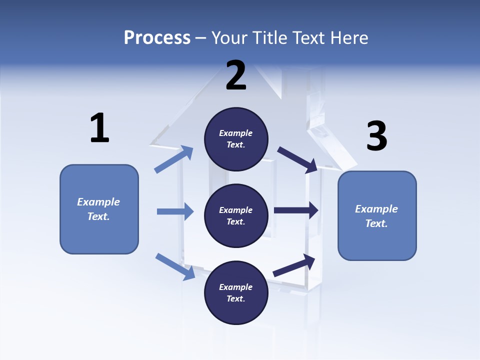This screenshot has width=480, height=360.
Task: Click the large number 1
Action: point(99,128)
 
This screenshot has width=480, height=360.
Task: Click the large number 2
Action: point(236,75)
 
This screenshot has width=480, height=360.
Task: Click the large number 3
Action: point(376,136)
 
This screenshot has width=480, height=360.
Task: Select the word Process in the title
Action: point(157,37)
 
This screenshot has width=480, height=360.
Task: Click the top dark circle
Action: point(236,139)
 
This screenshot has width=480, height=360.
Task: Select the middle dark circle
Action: point(236,215)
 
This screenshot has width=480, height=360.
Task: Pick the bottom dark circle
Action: point(236,292)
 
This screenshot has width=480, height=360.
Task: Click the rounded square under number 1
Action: point(99,209)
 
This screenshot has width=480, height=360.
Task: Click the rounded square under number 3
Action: point(377,215)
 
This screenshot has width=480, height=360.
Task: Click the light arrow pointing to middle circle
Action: point(175,211)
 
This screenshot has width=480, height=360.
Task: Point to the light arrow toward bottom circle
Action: point(175,266)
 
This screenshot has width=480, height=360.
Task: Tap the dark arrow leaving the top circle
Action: point(297,159)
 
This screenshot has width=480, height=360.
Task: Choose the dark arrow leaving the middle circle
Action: point(296,210)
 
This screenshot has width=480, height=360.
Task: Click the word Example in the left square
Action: point(98,202)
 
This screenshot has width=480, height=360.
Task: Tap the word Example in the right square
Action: point(376,209)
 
